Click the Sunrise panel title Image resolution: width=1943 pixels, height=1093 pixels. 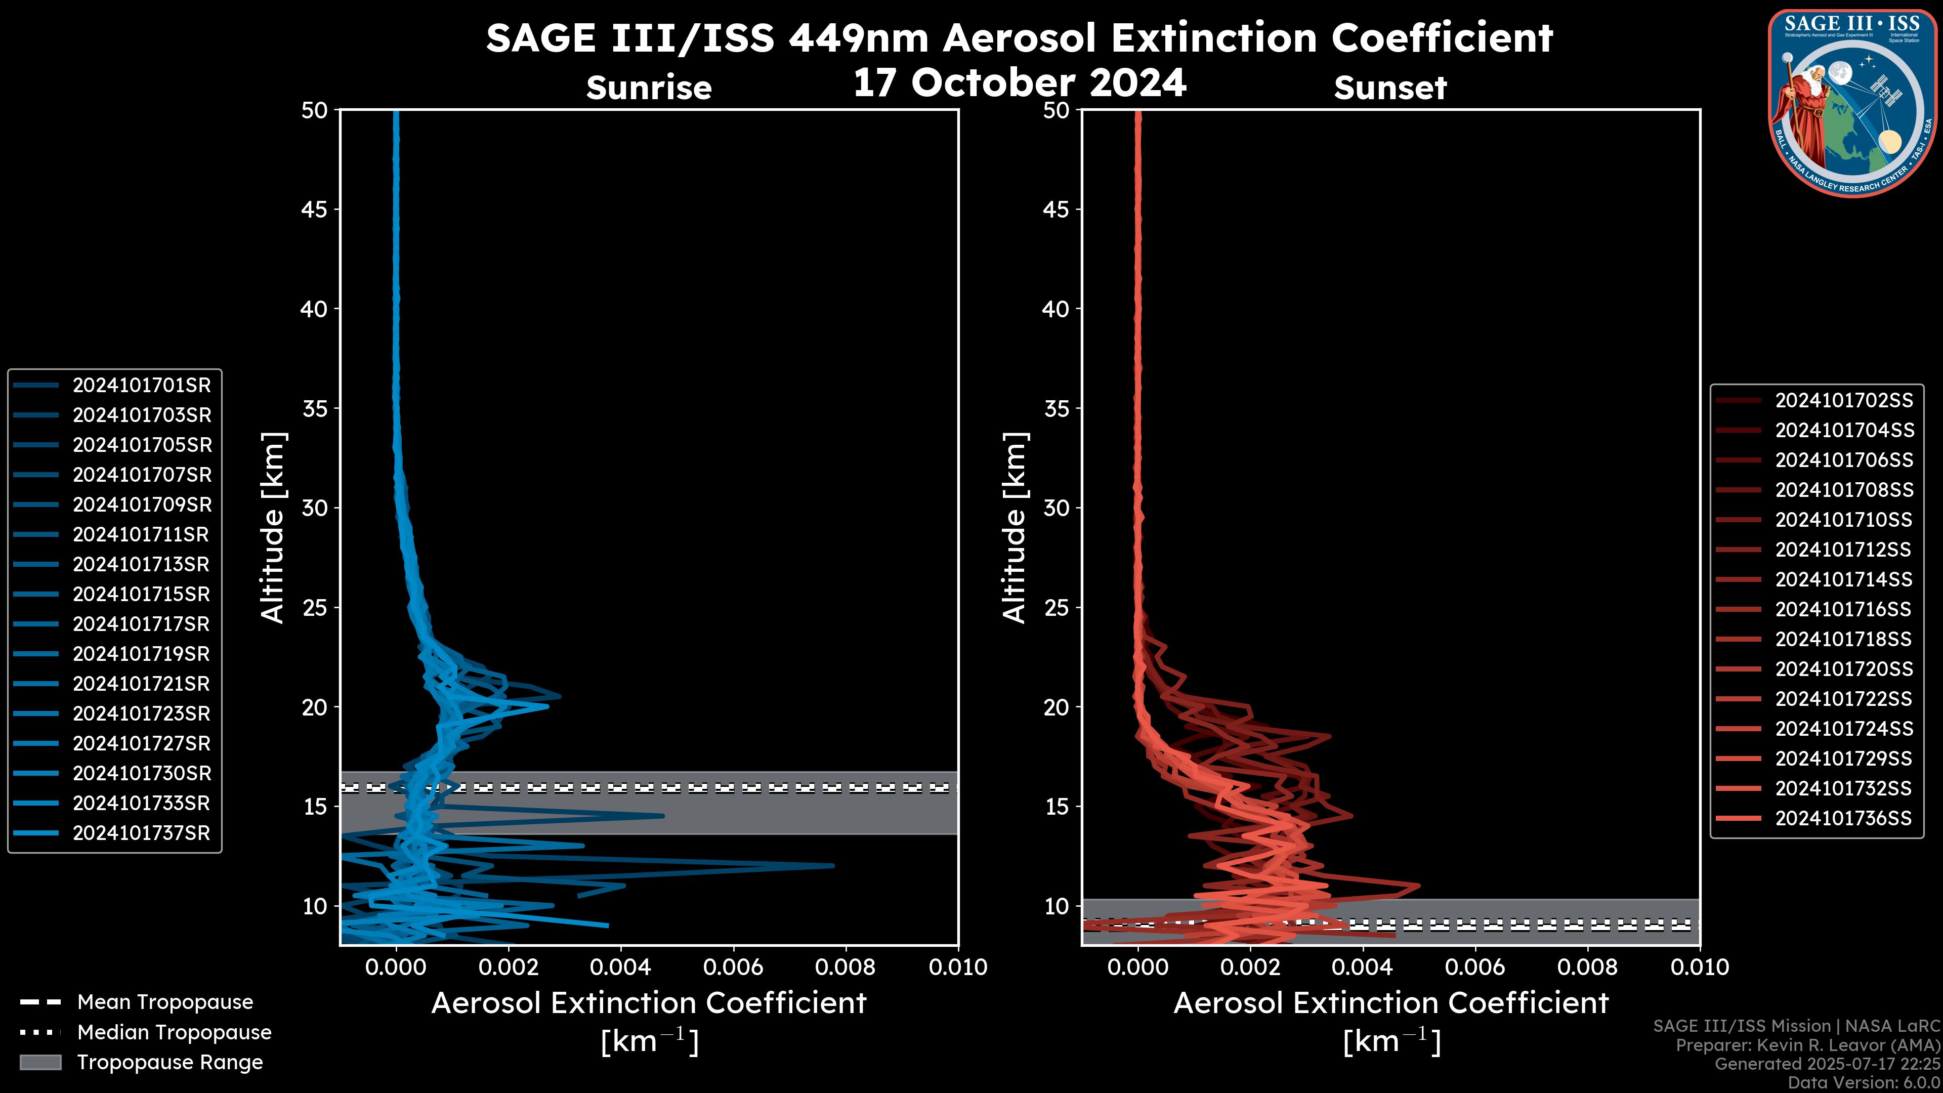click(x=649, y=88)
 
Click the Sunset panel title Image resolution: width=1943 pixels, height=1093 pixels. click(x=1389, y=88)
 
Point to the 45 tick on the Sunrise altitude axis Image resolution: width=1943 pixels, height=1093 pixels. click(x=315, y=209)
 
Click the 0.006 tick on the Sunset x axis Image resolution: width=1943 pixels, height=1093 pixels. click(x=1475, y=967)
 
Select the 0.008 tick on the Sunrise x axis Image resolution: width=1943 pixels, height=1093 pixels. click(x=846, y=967)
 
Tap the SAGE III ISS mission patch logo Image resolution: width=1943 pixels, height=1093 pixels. click(x=1852, y=103)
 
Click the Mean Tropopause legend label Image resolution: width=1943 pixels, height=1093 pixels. click(x=165, y=1002)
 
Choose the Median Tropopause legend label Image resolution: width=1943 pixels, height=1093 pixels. click(x=174, y=1033)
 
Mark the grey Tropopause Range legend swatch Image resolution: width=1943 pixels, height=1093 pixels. click(x=40, y=1063)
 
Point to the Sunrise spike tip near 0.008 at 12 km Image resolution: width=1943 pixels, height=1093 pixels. click(x=833, y=866)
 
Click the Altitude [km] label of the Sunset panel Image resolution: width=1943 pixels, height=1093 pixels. click(x=1015, y=527)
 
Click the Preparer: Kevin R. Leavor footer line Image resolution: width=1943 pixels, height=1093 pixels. click(x=1807, y=1045)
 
